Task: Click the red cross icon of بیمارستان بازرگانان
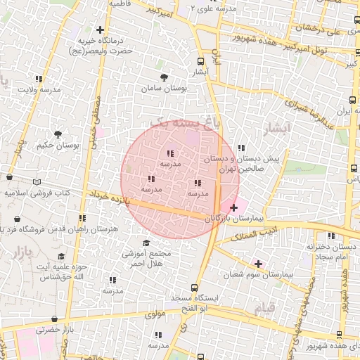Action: [233, 207]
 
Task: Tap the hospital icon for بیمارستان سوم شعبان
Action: [259, 264]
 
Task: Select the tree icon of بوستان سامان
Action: [164, 77]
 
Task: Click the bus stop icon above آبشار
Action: [201, 61]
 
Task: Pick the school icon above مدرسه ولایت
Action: [38, 79]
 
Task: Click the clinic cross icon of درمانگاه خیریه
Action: [101, 30]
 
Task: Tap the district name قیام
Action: [262, 307]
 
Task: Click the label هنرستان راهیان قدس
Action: [86, 229]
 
